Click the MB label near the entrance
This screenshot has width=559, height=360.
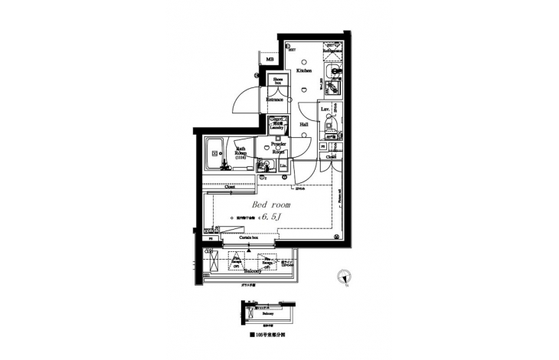coord(270,60)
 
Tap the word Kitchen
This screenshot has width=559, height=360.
coord(304,70)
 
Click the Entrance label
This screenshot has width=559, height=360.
coord(276,100)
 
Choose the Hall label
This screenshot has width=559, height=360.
coord(304,123)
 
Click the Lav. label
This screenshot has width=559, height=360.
coord(325,110)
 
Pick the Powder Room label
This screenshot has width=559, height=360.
coord(279,147)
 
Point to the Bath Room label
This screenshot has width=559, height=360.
coord(240,152)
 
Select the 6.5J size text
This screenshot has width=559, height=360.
coord(272,217)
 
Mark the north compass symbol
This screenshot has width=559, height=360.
coord(345,277)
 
